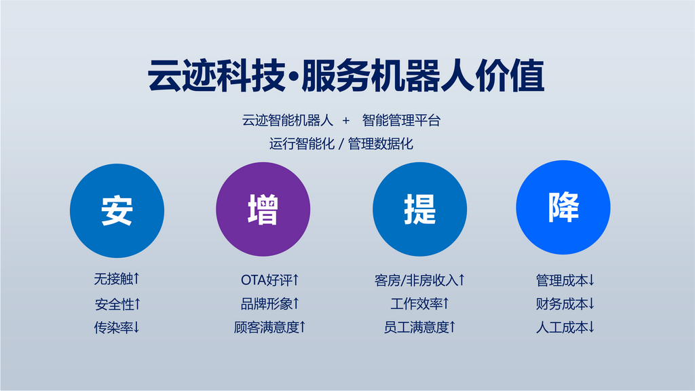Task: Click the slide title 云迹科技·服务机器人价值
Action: [x=345, y=75]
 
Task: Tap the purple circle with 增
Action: [x=263, y=209]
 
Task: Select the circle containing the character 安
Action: [x=117, y=210]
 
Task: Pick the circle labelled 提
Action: [x=419, y=209]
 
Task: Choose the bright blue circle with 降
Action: [x=563, y=208]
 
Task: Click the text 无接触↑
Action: [x=117, y=279]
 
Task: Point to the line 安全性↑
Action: [x=117, y=304]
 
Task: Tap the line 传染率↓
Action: [x=117, y=328]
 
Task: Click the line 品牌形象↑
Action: [x=270, y=303]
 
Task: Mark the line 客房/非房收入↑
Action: [x=419, y=280]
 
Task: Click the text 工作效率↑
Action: [x=419, y=303]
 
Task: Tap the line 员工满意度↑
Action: [x=419, y=327]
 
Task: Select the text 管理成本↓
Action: [x=565, y=280]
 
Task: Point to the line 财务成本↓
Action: [x=565, y=303]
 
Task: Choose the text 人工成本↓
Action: [x=565, y=327]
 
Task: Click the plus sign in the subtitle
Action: [x=345, y=121]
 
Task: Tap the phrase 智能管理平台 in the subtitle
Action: [x=401, y=120]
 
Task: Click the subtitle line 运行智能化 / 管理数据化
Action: [x=341, y=144]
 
